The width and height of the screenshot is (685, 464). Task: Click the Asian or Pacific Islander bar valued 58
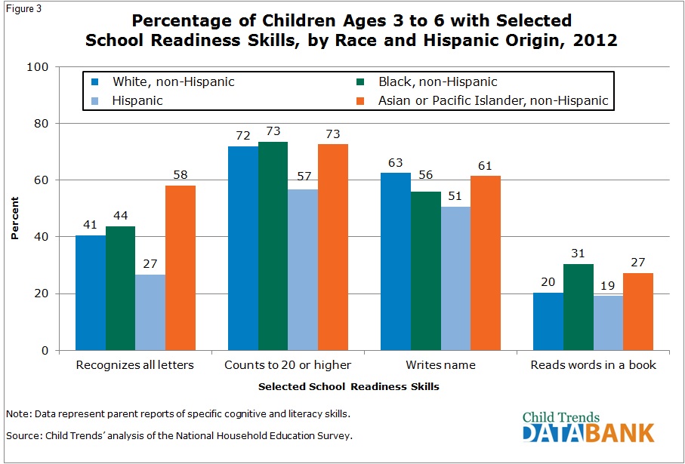click(x=181, y=268)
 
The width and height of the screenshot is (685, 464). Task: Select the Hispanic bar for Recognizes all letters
click(x=151, y=312)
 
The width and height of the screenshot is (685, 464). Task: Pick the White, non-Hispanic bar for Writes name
click(x=395, y=261)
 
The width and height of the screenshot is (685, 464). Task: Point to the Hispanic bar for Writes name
click(x=455, y=278)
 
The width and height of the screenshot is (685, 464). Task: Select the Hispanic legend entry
click(x=136, y=100)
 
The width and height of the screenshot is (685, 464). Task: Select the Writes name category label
click(x=440, y=365)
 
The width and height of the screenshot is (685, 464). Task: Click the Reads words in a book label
click(x=593, y=365)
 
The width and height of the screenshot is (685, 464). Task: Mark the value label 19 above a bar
click(x=608, y=285)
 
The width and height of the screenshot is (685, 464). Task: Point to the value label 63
click(x=395, y=162)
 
